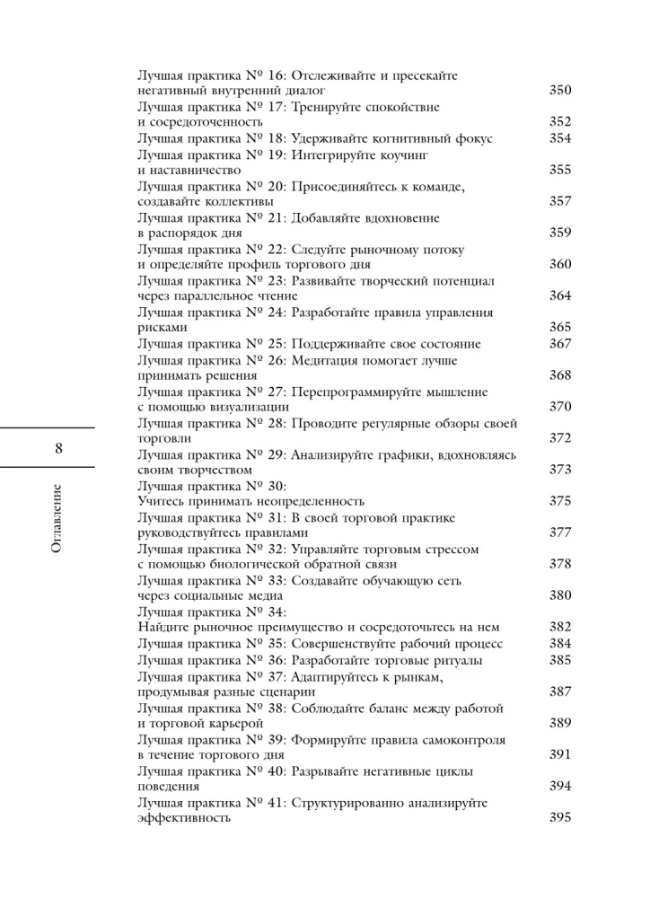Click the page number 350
click(x=560, y=91)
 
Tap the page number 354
click(x=560, y=139)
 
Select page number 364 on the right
click(x=560, y=295)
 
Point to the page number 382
click(x=560, y=626)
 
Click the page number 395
click(x=560, y=818)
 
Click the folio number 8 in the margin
click(x=58, y=448)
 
